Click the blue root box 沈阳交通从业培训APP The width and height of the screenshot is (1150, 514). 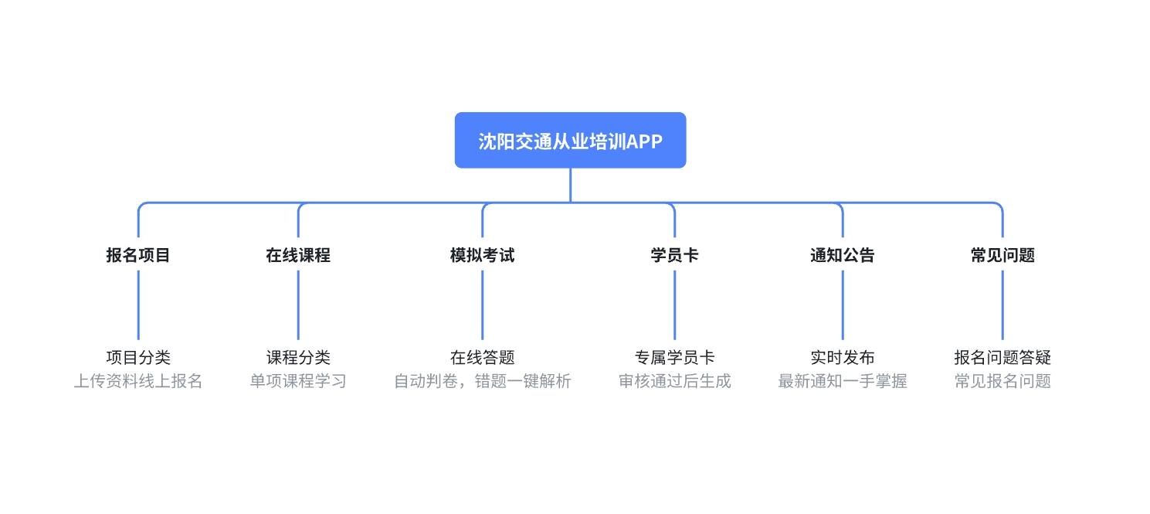pos(571,141)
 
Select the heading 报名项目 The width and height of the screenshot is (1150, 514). pos(138,255)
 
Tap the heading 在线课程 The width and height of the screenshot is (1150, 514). pos(298,255)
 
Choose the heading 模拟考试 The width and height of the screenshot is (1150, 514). pos(482,255)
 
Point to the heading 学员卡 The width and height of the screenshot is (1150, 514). pos(674,255)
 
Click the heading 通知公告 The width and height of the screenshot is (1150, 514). pos(843,255)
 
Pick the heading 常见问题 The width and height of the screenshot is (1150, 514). pos(1002,255)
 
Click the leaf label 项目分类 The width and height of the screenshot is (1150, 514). pos(138,357)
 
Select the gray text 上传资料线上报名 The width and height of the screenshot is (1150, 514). pos(138,381)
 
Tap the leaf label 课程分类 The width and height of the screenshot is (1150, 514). pos(298,357)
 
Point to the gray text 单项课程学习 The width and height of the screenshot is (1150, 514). pos(298,381)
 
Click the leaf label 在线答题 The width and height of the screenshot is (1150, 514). pos(482,357)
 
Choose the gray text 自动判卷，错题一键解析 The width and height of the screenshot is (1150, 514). pos(482,381)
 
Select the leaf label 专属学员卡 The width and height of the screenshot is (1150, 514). pos(674,357)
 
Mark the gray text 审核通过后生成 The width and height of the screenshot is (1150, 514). pos(674,381)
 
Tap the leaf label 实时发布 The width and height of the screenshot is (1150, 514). pos(843,357)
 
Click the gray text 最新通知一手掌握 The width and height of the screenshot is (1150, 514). pos(843,381)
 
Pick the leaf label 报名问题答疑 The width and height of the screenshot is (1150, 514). pos(1002,357)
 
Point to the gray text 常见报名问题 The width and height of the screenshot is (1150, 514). pos(1002,381)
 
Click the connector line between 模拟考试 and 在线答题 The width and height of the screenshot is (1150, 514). pos(482,305)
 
